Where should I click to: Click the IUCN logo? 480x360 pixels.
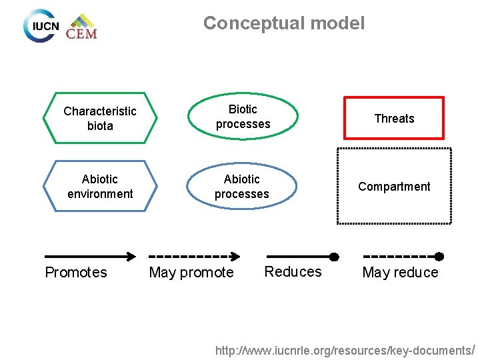[x=41, y=26]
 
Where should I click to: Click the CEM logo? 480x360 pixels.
[x=81, y=27]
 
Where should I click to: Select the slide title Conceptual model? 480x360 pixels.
[x=284, y=23]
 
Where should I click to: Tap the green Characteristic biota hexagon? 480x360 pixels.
[x=100, y=119]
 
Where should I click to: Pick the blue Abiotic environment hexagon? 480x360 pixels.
[x=100, y=187]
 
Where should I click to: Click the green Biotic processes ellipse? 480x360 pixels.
[x=243, y=117]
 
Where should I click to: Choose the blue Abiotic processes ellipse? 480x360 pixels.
[x=242, y=187]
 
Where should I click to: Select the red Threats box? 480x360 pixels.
[x=394, y=119]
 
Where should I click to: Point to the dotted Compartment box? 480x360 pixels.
[x=394, y=187]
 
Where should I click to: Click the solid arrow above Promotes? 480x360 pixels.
[x=89, y=256]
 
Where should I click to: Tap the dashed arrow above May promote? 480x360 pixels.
[x=194, y=256]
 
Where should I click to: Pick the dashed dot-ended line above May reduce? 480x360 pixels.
[x=403, y=256]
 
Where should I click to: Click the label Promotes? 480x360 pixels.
[x=75, y=272]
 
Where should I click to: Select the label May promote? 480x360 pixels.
[x=191, y=273]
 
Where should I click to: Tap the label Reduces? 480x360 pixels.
[x=293, y=271]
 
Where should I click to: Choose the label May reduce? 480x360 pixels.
[x=400, y=273]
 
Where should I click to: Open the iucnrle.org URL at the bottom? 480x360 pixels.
[x=344, y=350]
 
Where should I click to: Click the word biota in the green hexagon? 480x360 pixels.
[x=100, y=126]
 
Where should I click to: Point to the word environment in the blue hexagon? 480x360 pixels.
[x=100, y=194]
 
